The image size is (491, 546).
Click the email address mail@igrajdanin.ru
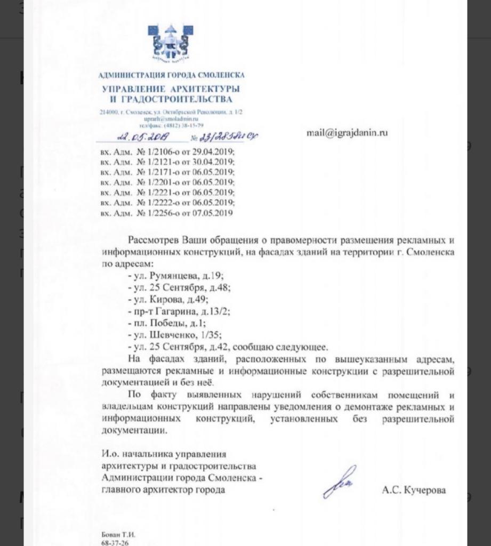(347, 133)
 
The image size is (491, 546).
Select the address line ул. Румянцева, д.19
(170, 276)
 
